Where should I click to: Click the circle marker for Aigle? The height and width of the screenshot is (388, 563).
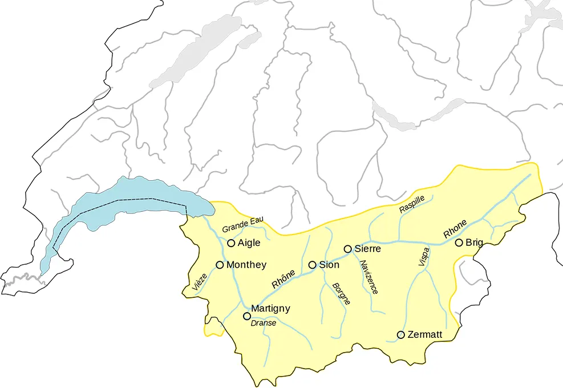point(231,243)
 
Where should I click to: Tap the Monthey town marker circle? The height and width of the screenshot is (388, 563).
point(220,265)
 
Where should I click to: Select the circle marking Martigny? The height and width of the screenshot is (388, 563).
point(247,316)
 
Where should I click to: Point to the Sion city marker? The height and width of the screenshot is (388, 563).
point(312,265)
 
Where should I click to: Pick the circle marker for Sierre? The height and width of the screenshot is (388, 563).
point(347,249)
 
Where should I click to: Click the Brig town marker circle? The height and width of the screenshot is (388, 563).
point(459,242)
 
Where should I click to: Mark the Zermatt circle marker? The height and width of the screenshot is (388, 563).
point(401,334)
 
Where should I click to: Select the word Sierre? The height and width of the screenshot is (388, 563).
point(367,249)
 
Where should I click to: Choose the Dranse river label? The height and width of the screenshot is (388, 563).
point(264,323)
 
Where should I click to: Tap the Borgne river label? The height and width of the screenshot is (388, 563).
point(341,293)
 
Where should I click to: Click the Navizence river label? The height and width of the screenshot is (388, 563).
point(368,277)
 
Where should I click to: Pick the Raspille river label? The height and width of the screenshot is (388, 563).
point(412,204)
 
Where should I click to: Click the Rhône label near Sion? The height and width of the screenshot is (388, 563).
point(283,278)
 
